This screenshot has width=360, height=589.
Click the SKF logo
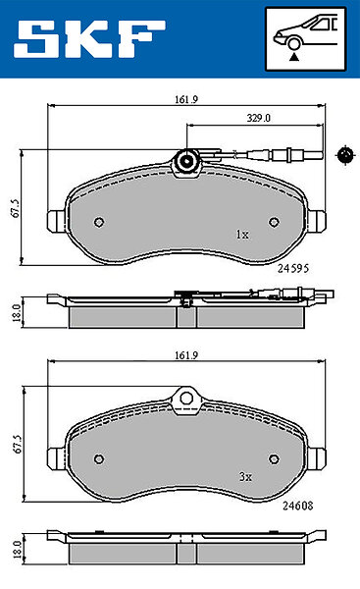(89, 38)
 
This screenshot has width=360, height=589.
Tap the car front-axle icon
(305, 38)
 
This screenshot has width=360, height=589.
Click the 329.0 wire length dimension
(259, 118)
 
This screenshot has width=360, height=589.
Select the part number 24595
(293, 268)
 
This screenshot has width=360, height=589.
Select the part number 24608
(297, 506)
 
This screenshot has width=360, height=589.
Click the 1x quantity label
(242, 235)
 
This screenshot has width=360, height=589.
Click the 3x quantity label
(245, 477)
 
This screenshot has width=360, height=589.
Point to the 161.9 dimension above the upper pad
(186, 99)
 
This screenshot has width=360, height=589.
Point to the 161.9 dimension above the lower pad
(186, 355)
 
